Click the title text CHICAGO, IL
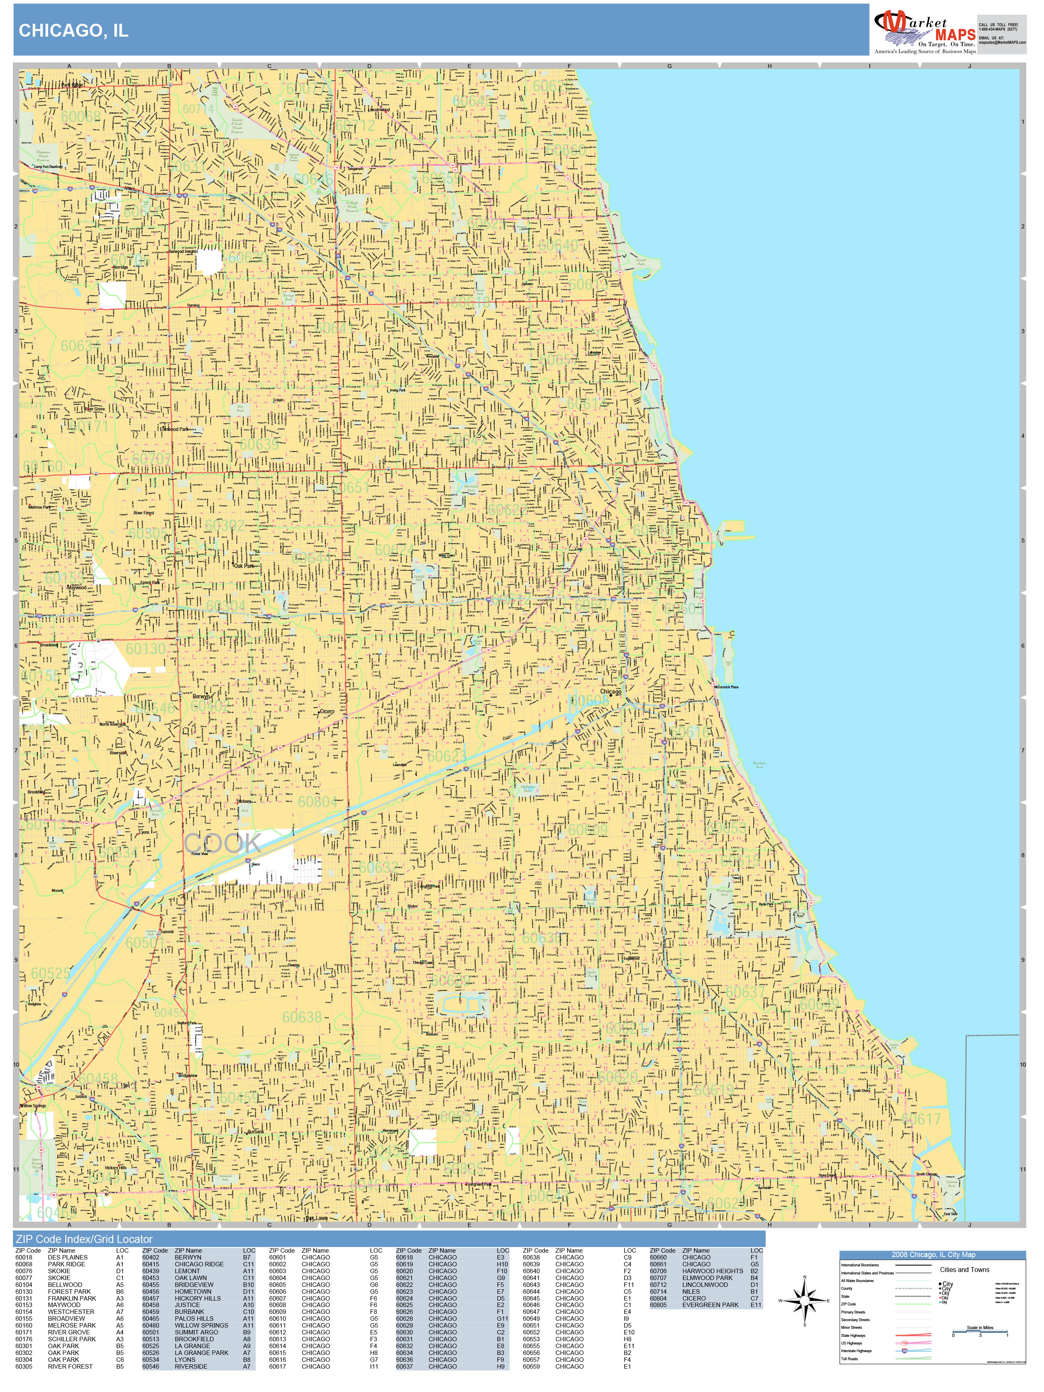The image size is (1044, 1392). pos(74,31)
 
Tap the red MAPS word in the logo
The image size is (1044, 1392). pos(954,35)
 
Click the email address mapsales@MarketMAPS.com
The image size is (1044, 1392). pos(1002,43)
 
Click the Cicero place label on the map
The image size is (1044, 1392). pos(327,712)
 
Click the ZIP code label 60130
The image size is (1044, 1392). pos(145,648)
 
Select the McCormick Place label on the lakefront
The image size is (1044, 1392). pos(726,687)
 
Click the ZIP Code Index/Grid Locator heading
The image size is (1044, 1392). pos(84,1239)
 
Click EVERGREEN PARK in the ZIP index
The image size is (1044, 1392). pos(710,1305)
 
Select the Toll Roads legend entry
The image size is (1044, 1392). pos(849,1359)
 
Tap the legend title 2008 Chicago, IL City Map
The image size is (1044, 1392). pos(932,1255)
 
